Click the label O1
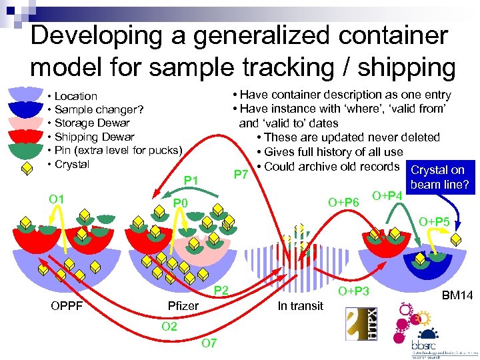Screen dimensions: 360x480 coord(56,199)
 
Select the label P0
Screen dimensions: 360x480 coord(181,203)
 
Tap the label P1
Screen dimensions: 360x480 coord(192,181)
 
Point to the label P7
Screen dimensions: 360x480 coord(242,175)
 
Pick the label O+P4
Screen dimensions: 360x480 coord(387,195)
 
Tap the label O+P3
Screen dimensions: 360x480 coord(353,291)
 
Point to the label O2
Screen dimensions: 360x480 coord(169,326)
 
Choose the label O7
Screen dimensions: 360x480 coord(209,343)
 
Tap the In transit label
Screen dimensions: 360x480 coord(300,306)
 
